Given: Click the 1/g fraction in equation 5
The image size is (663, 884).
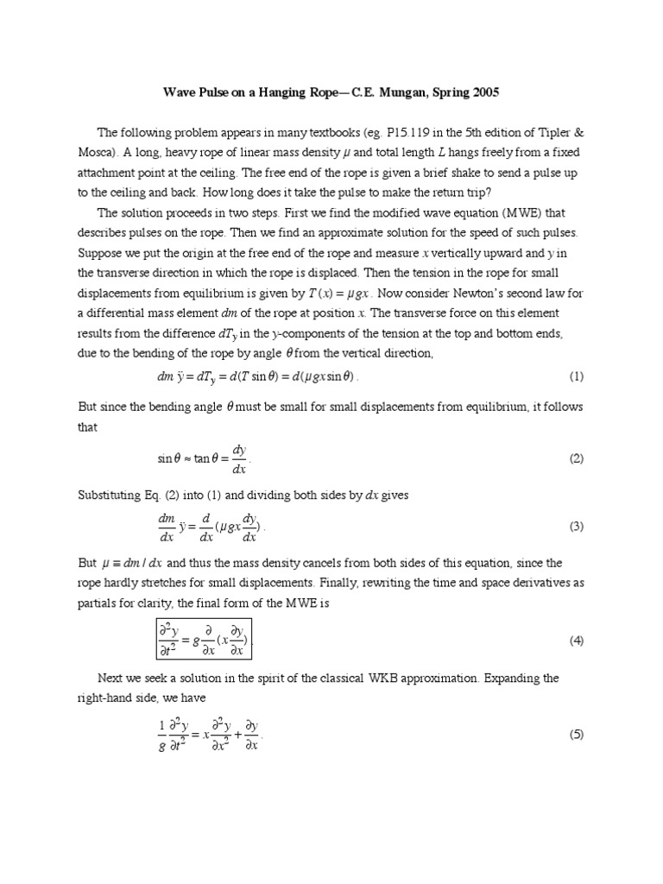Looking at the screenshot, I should (161, 736).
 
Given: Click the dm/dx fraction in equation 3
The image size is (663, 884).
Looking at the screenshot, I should (165, 527).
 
